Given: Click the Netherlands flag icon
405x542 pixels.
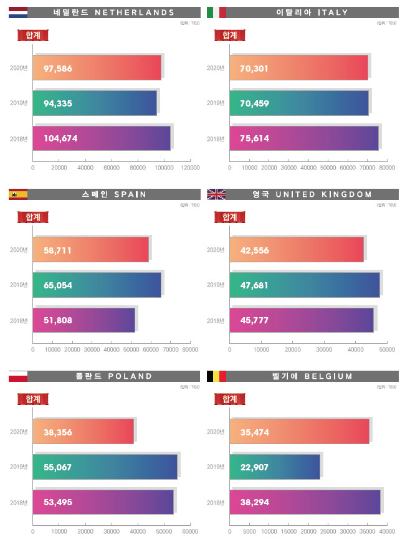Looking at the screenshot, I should (17, 12).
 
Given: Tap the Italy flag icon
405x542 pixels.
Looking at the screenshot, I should (216, 12).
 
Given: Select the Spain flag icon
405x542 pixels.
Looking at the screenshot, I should (17, 194).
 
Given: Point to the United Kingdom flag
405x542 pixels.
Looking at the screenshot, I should (216, 194).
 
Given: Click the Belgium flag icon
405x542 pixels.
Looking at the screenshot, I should (216, 376).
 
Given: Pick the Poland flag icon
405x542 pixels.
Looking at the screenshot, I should (17, 376).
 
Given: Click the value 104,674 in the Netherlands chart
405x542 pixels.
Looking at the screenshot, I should (60, 138).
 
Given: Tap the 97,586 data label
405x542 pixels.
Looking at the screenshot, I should (58, 68).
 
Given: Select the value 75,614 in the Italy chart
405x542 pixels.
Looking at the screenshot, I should (254, 138).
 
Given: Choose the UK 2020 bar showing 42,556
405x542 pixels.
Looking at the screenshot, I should (297, 250).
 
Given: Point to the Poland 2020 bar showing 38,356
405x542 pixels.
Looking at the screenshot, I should (84, 432).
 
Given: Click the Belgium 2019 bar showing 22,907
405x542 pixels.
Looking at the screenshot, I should (275, 467).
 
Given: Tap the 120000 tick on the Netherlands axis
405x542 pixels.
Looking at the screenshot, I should (190, 168).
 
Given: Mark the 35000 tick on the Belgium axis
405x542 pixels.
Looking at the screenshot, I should (368, 532).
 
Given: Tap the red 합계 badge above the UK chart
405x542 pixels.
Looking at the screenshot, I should (229, 217).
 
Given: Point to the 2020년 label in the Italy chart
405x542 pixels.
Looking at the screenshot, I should (216, 68).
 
